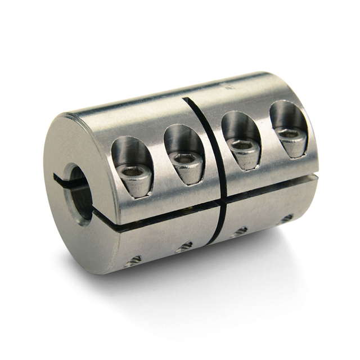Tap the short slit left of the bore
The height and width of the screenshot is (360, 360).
61,179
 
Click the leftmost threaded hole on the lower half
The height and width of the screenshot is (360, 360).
134,260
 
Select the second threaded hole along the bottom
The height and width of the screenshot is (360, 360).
183,246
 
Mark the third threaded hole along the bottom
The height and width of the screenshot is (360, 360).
240,231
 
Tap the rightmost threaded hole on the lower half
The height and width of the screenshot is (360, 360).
286,217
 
